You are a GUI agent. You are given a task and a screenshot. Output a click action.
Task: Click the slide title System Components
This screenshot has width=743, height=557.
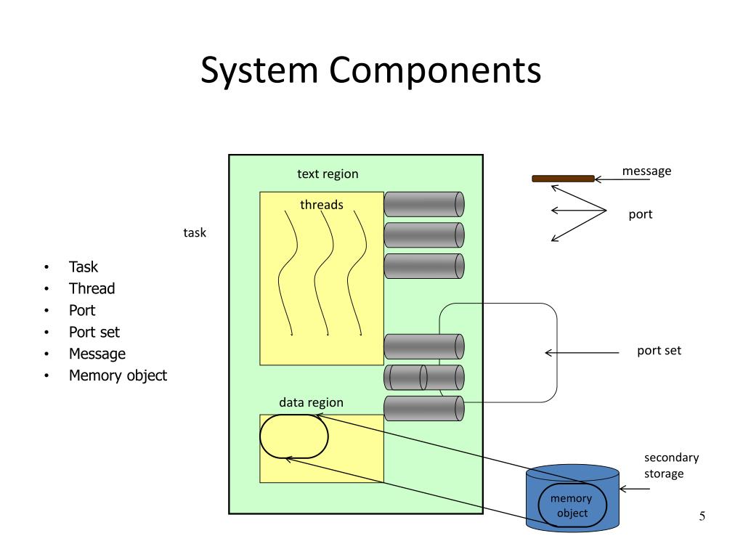tap(370, 71)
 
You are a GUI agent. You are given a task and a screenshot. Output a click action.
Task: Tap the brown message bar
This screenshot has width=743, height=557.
tap(563, 179)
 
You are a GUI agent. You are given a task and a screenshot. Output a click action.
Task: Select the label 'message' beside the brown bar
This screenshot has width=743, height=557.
tap(646, 171)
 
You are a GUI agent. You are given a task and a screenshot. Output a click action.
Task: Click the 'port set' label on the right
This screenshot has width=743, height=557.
tap(659, 351)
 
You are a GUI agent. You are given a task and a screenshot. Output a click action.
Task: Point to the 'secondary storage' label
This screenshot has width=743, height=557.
tap(670, 465)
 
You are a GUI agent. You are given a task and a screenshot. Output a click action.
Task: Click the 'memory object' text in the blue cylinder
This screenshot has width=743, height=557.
tap(571, 505)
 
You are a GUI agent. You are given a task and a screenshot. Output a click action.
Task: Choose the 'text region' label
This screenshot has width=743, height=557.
tap(328, 174)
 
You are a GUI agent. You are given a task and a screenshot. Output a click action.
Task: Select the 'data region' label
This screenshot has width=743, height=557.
tap(311, 402)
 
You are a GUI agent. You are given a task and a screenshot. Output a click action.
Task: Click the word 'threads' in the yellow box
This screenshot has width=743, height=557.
tap(322, 205)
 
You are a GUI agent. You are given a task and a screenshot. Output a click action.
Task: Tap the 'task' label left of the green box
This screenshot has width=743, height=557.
tap(195, 233)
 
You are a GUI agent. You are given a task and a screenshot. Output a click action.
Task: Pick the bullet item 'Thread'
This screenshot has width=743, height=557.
tap(92, 288)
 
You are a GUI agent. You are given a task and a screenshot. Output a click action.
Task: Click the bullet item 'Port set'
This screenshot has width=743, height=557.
tap(94, 332)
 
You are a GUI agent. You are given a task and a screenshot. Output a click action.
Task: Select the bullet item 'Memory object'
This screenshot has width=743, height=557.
tap(118, 375)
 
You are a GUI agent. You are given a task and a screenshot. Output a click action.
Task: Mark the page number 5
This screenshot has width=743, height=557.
tap(702, 516)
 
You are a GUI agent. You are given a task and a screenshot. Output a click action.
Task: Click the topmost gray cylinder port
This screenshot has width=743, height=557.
tap(423, 204)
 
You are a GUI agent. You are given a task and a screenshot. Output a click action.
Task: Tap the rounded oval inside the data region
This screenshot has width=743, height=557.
tap(294, 436)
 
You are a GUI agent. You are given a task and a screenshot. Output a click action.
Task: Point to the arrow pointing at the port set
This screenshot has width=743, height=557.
tap(581, 354)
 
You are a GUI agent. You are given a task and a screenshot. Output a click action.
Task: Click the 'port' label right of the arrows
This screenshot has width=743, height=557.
tap(641, 214)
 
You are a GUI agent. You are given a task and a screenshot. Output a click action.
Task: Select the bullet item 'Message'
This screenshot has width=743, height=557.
tap(97, 354)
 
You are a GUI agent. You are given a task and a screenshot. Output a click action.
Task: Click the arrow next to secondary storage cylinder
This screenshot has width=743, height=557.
tap(636, 489)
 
